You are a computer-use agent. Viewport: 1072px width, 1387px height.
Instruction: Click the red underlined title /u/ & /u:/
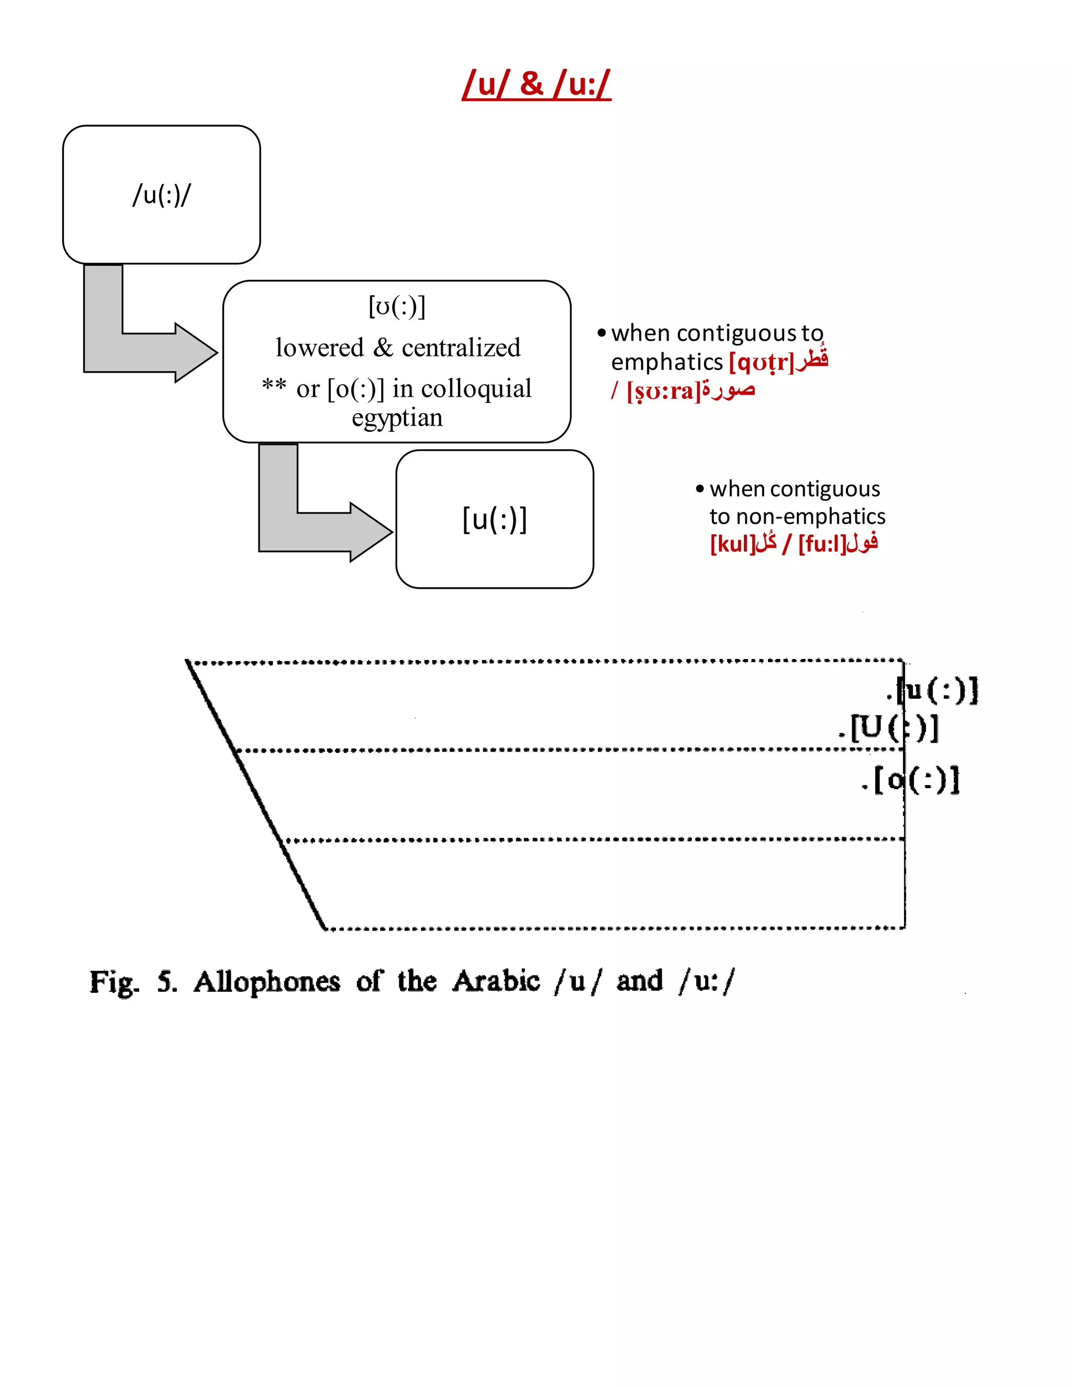pos(537,84)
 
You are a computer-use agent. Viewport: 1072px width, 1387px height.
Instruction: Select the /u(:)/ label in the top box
pos(161,195)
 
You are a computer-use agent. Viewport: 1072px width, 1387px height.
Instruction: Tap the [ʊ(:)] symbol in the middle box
pos(397,307)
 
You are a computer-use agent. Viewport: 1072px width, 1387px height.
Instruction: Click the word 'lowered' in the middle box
pos(319,348)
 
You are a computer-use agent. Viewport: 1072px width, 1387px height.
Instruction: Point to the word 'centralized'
pos(461,348)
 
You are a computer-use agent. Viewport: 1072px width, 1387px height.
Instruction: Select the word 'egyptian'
pos(397,418)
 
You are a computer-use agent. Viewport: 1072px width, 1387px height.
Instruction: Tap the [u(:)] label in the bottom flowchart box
pos(495,520)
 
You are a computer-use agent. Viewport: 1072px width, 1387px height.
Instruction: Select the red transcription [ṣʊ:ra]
pos(664,391)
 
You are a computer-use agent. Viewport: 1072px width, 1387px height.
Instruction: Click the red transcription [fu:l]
pos(822,544)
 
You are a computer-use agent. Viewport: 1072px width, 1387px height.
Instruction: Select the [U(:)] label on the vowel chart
pos(892,728)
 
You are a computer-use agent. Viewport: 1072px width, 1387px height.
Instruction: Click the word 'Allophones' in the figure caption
pos(267,982)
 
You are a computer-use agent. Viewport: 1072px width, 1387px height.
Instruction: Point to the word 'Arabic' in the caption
pos(496,981)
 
